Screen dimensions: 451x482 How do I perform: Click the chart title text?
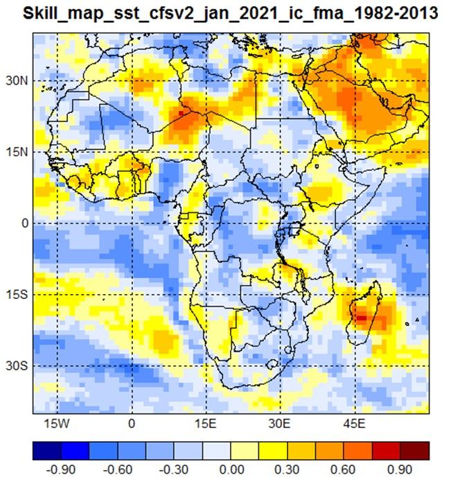coord(230,14)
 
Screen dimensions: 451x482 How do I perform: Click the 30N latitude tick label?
coord(17,81)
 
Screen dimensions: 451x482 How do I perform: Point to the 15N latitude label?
coord(17,152)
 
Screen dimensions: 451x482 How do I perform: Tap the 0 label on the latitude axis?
coord(24,223)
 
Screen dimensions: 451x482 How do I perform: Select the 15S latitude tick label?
coord(17,295)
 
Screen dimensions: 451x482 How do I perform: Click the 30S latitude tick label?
coord(17,365)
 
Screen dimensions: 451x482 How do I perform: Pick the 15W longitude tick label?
coord(57,424)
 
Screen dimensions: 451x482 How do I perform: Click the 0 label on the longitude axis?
coord(132,424)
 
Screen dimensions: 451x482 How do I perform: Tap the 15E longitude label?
coord(205,424)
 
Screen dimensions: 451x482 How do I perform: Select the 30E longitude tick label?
coord(279,424)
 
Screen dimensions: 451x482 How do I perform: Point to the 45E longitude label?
coord(354,424)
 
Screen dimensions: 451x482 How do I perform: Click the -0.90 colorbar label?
coord(61,470)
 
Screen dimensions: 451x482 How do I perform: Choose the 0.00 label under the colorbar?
coord(232,470)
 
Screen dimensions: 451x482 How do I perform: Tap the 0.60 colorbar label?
coord(343,470)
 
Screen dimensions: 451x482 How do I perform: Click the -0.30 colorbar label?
coord(173,470)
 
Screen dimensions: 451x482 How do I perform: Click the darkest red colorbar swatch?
coord(415,451)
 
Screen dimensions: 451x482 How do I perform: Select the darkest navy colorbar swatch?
coord(47,451)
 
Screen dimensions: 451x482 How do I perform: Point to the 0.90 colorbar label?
coord(400,470)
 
